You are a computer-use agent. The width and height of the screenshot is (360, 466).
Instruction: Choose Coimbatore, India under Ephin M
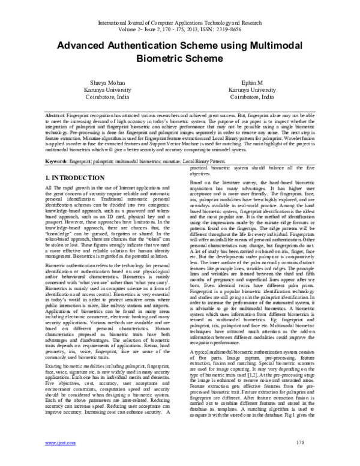coord(250,97)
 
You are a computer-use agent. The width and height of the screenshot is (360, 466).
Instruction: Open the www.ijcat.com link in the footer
coord(58,460)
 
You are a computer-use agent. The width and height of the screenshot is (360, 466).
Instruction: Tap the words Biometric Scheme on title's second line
coord(179,60)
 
